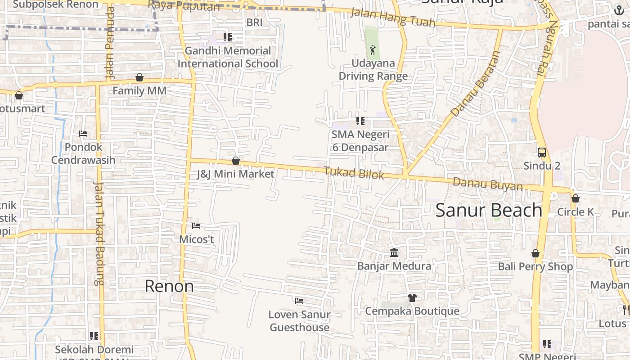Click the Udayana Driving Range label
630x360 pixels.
coord(373,70)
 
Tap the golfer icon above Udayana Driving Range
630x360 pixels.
coord(372,50)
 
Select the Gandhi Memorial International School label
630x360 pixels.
coord(228,57)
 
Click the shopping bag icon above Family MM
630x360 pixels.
coord(139,78)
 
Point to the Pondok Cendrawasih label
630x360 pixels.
coord(83,153)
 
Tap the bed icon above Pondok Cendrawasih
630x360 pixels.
coord(83,134)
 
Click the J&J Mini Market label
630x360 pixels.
coord(235,174)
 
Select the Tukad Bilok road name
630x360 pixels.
coord(354,173)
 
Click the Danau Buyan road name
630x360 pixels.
coord(488,184)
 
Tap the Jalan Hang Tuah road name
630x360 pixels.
coord(392,17)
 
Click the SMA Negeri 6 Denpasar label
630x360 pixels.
coord(360,141)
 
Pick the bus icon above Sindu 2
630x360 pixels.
coord(542,152)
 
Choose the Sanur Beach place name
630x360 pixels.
coord(489,210)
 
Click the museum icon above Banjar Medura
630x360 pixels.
coord(394,252)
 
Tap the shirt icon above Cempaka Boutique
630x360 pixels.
coord(412,297)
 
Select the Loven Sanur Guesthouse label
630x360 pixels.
coord(299,321)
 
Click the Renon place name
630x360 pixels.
coord(169,286)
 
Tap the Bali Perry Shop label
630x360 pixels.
coord(535,266)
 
